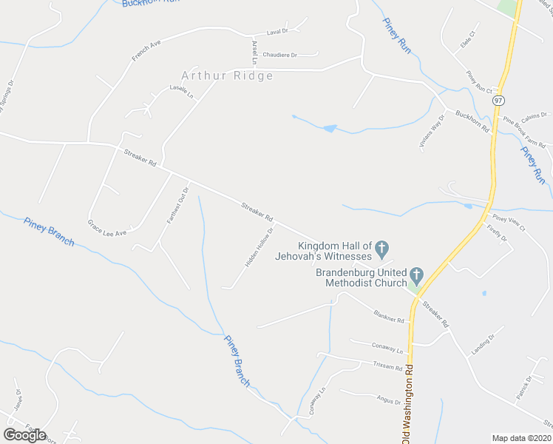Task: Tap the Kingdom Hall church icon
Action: coord(382,248)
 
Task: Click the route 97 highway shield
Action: coord(500,100)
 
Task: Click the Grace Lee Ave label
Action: coord(107,227)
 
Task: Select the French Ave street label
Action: coord(146,50)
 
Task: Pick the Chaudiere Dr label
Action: coord(279,55)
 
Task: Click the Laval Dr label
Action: coord(277,31)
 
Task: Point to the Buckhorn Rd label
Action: coord(473,121)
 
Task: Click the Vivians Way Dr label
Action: coord(432,132)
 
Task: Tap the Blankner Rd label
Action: coord(390,316)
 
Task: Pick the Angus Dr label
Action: coord(387,400)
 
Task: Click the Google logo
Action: coord(24,435)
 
